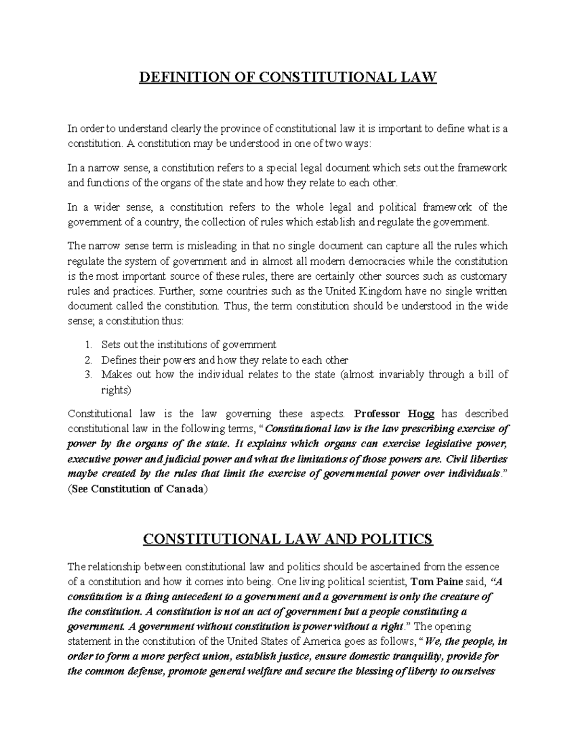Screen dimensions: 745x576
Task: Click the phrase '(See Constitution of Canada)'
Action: point(138,489)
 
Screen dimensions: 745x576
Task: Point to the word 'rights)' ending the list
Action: point(116,390)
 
